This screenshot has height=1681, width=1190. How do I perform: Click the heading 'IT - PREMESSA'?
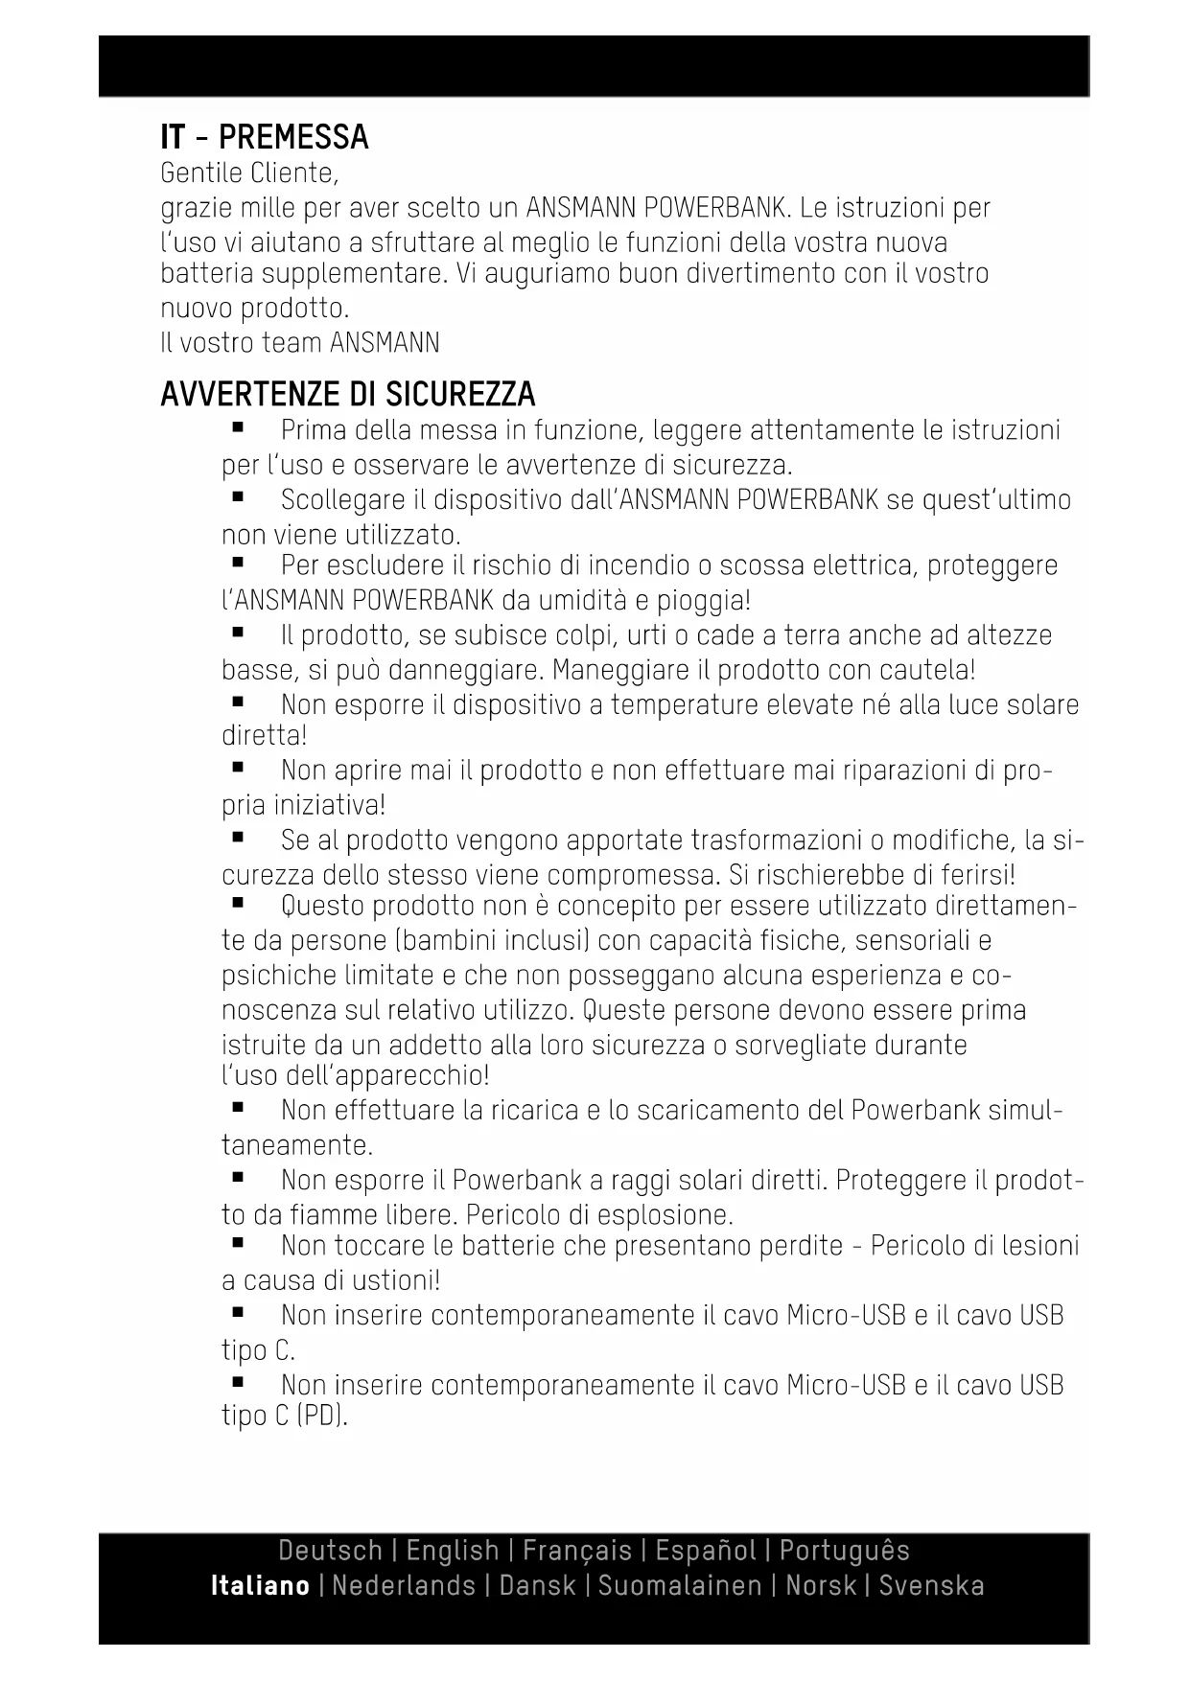[x=265, y=137]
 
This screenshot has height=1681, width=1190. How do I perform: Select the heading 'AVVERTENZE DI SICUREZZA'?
[x=347, y=394]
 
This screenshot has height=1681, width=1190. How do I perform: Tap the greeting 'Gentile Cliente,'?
[x=249, y=173]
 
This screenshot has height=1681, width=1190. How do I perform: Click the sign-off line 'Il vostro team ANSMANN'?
[x=300, y=342]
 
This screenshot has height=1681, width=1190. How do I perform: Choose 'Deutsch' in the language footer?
[x=330, y=1550]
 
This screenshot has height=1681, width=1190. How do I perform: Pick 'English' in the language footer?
[x=453, y=1550]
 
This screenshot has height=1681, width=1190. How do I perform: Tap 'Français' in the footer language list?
[x=577, y=1550]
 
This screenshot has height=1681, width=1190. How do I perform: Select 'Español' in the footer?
[x=706, y=1550]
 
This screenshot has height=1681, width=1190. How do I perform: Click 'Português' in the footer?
[x=844, y=1550]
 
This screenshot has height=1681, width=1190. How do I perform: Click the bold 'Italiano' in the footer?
[x=260, y=1585]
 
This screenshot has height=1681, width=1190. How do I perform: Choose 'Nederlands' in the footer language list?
[x=404, y=1585]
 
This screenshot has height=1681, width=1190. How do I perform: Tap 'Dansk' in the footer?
[x=537, y=1585]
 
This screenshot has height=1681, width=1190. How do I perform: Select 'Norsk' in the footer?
[x=820, y=1585]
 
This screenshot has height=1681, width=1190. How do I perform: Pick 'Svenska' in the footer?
[x=931, y=1585]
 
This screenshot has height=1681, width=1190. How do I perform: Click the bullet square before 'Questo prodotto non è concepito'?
[x=237, y=903]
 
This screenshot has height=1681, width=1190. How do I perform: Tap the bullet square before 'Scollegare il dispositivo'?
[x=237, y=497]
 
